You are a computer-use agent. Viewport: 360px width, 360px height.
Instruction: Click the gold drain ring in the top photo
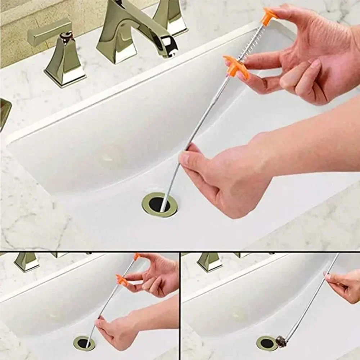tap(159, 204)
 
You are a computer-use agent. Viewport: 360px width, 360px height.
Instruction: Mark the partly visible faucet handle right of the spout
tap(171, 16)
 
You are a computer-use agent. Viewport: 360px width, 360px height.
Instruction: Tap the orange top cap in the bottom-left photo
tap(137, 256)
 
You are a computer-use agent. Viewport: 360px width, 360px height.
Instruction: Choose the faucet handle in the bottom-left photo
tap(27, 261)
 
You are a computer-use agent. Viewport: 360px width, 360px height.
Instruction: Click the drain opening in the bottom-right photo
tap(267, 343)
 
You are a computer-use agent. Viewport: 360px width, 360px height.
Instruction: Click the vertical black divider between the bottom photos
tap(180, 306)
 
